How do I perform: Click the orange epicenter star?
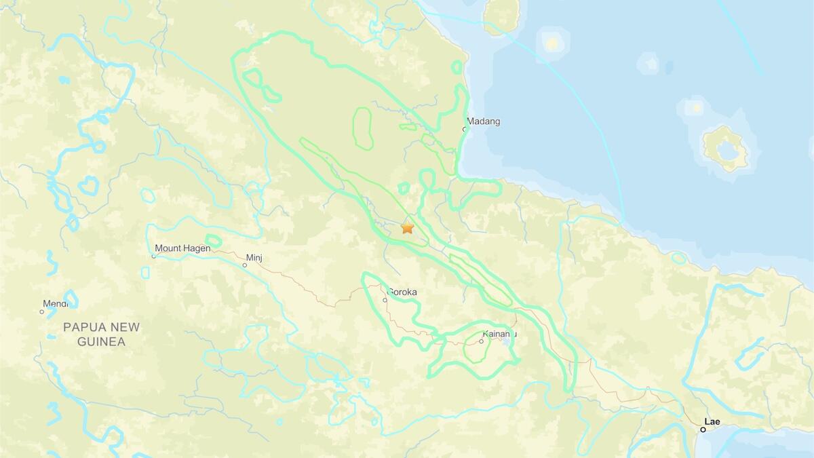click(407, 228)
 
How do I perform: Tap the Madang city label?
click(484, 122)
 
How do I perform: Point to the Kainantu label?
click(500, 334)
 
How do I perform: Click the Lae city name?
click(712, 422)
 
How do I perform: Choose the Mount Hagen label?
click(182, 248)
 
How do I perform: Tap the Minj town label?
click(254, 258)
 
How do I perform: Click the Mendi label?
click(55, 304)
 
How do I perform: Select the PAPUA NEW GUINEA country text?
click(101, 334)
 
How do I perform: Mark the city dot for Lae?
click(703, 429)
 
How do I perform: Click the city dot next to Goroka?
click(385, 300)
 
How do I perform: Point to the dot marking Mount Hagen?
click(154, 256)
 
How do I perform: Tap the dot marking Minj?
click(245, 265)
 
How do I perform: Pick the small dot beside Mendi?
click(41, 312)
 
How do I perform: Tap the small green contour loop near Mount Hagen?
click(213, 241)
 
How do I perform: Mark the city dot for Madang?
click(465, 129)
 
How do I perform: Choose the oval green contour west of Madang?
click(362, 128)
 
